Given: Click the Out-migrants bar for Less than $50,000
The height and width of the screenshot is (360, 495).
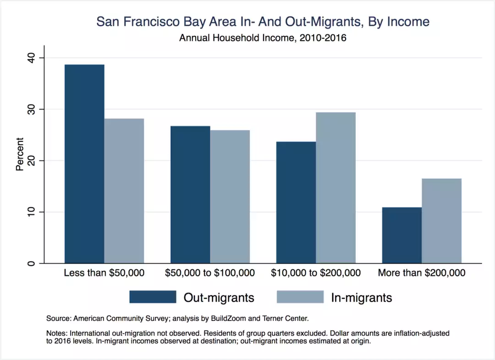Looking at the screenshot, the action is pos(84,164).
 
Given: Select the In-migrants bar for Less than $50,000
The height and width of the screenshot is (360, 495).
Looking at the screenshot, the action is pos(124,191).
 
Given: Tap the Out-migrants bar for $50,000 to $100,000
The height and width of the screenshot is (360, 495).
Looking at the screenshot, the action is pos(190,194).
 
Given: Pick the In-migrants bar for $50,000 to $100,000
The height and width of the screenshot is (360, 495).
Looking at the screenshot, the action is pos(230,197).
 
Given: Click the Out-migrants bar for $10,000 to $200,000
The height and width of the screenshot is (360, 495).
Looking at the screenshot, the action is pos(296,202).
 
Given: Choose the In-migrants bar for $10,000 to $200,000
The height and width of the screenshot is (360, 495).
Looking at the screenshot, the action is pos(336,188).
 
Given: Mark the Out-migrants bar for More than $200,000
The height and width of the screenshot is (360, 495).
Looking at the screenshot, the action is pos(402,235).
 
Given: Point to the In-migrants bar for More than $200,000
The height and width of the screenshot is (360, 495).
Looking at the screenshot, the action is pos(442,221).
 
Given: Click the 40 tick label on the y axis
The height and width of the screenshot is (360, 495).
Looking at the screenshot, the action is pos(31,58).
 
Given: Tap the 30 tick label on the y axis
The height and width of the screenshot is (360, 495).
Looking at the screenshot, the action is pos(31,109).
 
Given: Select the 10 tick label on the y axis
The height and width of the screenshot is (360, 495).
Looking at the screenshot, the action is pos(31,212).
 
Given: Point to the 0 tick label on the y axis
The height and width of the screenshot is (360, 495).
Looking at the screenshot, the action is pos(31,263).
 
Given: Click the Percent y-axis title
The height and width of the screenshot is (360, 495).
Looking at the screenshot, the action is pos(20,154).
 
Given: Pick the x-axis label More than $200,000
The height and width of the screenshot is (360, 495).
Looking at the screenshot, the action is pos(422,273).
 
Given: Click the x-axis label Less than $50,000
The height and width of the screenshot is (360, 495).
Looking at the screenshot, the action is pos(104,273).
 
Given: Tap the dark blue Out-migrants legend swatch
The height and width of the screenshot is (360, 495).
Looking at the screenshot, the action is pos(153,297).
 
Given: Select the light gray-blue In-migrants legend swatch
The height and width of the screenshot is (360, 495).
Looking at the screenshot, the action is pos(300,297).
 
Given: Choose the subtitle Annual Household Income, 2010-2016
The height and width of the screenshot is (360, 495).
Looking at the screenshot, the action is pos(263,38).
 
